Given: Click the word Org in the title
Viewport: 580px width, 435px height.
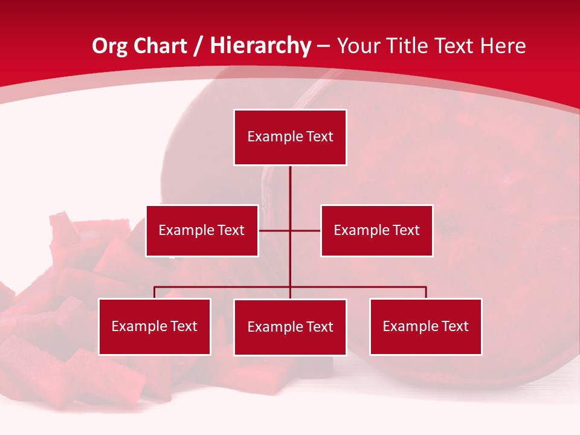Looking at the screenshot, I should [111, 46].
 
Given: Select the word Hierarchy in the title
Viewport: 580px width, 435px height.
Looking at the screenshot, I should [260, 46].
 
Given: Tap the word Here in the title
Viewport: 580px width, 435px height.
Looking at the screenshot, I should [503, 46].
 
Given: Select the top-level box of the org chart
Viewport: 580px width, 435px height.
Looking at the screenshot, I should [290, 137].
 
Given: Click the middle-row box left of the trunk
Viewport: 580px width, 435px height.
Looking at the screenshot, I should [202, 230].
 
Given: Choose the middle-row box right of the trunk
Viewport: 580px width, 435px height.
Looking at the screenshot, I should [376, 230].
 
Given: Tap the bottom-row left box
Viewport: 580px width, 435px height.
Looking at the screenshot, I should [154, 326].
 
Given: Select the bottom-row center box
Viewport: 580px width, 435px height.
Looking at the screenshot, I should [290, 327].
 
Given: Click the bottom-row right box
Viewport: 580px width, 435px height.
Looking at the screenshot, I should [425, 326].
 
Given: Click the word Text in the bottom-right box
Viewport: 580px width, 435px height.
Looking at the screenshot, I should [454, 326].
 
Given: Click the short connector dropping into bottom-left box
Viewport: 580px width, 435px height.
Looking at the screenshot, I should [154, 292].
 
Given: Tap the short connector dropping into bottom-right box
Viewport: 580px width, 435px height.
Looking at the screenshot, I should [426, 292].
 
